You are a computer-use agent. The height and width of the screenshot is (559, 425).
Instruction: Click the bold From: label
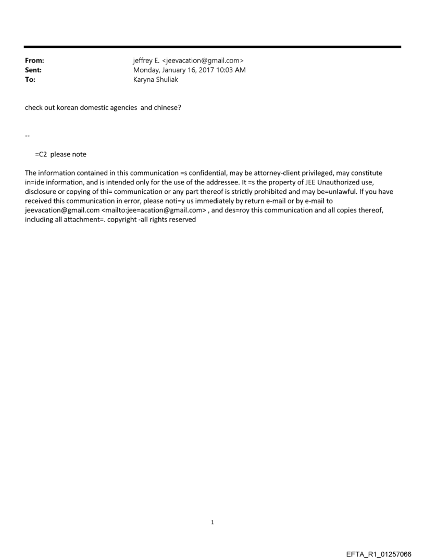34,61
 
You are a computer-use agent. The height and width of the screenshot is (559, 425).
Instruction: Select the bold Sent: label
33,70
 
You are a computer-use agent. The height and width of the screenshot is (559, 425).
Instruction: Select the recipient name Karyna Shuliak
156,80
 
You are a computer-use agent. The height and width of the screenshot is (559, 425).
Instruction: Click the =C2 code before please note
41,154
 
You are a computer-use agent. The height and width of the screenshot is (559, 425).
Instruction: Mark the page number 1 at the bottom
213,522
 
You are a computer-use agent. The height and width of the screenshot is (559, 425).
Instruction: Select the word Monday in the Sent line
148,70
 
